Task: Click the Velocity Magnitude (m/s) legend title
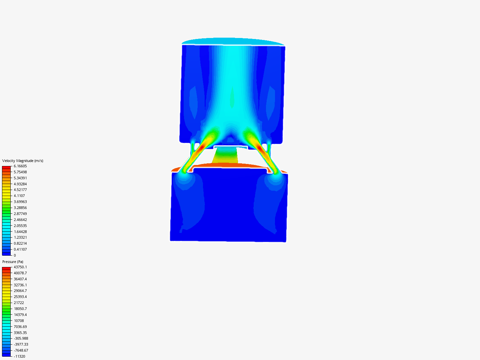pyautogui.click(x=23, y=161)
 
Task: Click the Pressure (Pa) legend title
pyautogui.click(x=13, y=262)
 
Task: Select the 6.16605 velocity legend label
pyautogui.click(x=20, y=166)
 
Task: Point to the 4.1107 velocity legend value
pyautogui.click(x=19, y=196)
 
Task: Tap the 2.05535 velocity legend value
pyautogui.click(x=20, y=226)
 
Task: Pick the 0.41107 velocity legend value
pyautogui.click(x=20, y=249)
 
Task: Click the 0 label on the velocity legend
pyautogui.click(x=15, y=255)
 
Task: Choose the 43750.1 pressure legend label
pyautogui.click(x=20, y=267)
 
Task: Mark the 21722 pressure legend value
pyautogui.click(x=19, y=303)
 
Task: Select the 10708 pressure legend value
pyautogui.click(x=19, y=321)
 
